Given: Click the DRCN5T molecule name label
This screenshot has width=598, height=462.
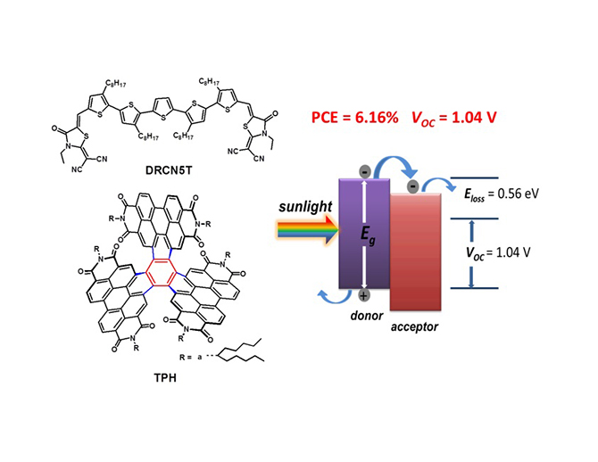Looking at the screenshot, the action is point(169,170).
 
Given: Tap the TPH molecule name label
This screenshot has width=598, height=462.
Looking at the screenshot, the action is point(165,378).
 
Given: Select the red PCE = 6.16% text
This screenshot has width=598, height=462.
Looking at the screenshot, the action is point(354,118).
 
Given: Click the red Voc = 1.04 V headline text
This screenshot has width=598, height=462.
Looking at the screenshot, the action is point(453,118).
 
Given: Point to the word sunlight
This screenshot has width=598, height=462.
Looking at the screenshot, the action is point(305,207).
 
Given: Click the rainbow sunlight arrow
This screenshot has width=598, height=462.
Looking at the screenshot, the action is point(308,230).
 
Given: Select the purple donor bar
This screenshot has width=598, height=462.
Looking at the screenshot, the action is point(364,234).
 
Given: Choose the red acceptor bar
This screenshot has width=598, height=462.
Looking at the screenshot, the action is point(415,252).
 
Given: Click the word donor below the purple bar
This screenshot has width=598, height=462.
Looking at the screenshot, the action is point(367,316).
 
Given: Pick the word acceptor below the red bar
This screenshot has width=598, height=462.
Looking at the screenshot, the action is point(414,327).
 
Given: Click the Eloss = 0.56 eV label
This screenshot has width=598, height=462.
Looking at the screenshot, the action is point(501,194).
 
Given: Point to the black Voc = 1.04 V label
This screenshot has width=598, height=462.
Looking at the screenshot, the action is point(498,252).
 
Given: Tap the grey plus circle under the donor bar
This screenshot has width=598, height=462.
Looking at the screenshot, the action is point(364,295).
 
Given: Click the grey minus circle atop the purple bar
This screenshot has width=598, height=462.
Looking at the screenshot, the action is point(365,172).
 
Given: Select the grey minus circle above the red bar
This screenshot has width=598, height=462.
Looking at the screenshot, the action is point(413,186).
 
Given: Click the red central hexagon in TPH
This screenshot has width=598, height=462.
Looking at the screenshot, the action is point(161,272).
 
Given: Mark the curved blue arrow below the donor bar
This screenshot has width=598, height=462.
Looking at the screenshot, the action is point(336,297).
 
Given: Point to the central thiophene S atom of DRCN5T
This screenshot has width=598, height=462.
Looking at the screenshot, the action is point(163,118).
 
